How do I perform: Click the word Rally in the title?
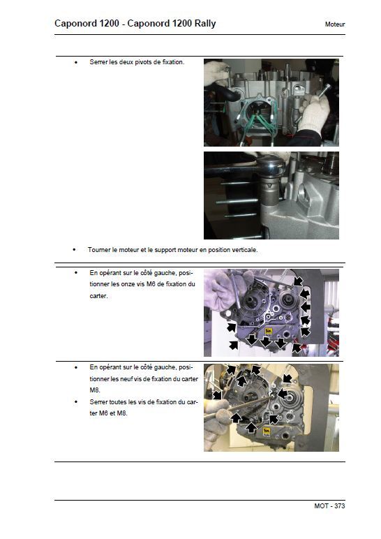tap(205, 24)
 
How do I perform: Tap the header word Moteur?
tap(335, 24)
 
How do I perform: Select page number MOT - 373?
tap(329, 506)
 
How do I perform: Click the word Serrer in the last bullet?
tap(98, 402)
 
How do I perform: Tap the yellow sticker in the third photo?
tap(269, 332)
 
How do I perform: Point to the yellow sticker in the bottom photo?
tap(267, 432)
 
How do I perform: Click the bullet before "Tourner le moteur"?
tap(75, 250)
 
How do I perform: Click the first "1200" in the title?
tap(110, 24)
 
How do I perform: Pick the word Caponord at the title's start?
tap(75, 24)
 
